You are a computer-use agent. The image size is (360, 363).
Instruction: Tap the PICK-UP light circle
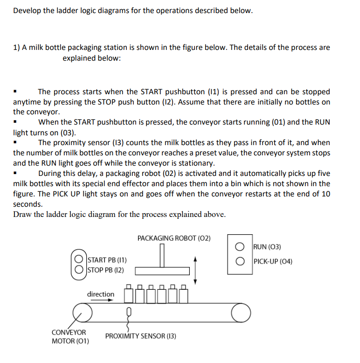239,261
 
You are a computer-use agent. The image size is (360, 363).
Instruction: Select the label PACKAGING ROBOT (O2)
174,238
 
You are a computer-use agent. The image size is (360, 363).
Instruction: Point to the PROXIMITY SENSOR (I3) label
140,336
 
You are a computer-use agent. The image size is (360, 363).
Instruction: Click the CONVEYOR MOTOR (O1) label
70,336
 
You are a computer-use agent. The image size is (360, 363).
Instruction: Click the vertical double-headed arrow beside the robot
196,270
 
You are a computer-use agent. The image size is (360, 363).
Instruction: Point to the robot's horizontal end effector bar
163,271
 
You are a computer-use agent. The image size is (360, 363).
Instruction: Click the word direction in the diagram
100,294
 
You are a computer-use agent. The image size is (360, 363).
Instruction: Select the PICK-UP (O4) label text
273,261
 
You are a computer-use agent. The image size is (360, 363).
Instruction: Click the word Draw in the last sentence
22,215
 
